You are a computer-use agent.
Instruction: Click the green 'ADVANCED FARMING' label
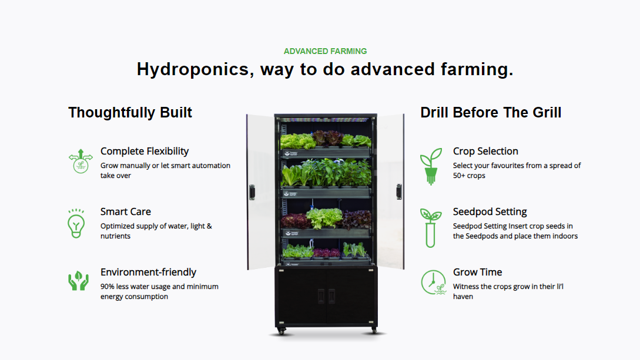325,51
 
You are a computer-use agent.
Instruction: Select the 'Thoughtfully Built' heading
130,112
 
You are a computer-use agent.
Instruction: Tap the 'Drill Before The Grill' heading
491,112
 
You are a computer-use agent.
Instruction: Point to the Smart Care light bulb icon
76,223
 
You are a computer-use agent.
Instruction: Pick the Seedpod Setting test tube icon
430,227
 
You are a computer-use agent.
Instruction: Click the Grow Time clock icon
433,282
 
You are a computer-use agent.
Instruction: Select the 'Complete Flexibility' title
145,152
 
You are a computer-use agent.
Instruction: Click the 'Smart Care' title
125,211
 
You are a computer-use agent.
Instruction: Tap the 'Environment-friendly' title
148,272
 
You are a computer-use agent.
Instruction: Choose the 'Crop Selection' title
485,152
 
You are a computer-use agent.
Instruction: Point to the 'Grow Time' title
477,272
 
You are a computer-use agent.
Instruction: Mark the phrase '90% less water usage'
135,287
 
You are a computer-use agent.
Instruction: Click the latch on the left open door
252,192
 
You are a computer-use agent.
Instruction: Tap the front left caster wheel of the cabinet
281,331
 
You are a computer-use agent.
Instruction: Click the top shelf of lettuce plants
326,140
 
